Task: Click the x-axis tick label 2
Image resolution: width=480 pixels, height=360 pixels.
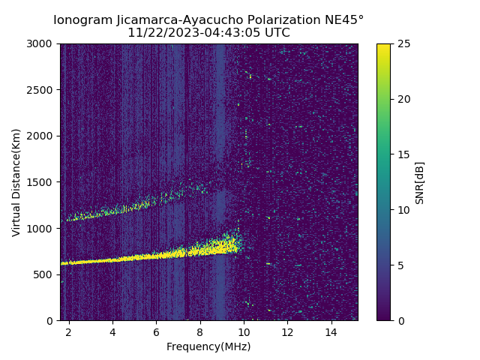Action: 69,331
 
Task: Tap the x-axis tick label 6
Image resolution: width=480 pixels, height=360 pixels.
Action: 156,331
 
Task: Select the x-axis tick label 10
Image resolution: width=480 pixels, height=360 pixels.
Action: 244,331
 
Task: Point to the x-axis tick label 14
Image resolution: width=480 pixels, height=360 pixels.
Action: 331,331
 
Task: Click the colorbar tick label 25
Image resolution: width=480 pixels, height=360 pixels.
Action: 403,44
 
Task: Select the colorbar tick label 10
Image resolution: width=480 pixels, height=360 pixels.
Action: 403,210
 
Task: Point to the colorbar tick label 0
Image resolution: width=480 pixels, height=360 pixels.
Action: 400,320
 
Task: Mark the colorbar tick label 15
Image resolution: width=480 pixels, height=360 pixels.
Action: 403,154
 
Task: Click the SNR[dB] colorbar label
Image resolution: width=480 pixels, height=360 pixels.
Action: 420,182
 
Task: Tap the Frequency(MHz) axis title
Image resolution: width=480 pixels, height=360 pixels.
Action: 208,346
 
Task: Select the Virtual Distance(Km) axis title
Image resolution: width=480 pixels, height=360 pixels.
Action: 16,182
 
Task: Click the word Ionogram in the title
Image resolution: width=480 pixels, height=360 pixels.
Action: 82,19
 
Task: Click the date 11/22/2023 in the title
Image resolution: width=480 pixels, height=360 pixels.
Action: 157,33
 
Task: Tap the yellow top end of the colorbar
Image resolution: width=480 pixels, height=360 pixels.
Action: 383,46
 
